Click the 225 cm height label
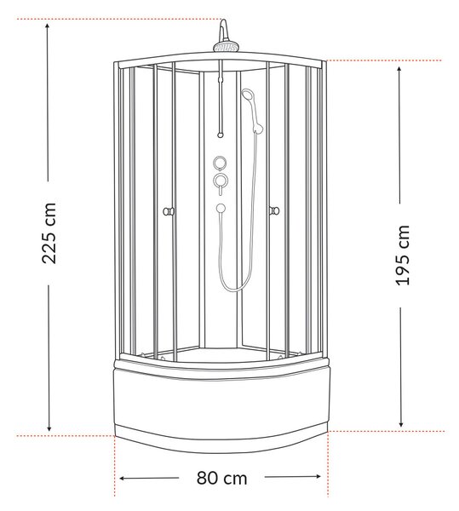pyautogui.click(x=49, y=233)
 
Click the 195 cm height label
pyautogui.click(x=402, y=255)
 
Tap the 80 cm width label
pyautogui.click(x=222, y=479)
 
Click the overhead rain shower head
pyautogui.click(x=226, y=47)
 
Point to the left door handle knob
pyautogui.click(x=168, y=211)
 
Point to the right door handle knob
pyautogui.click(x=274, y=211)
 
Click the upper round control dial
pyautogui.click(x=221, y=163)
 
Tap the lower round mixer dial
pyautogui.click(x=221, y=181)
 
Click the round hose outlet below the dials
pyautogui.click(x=221, y=209)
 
